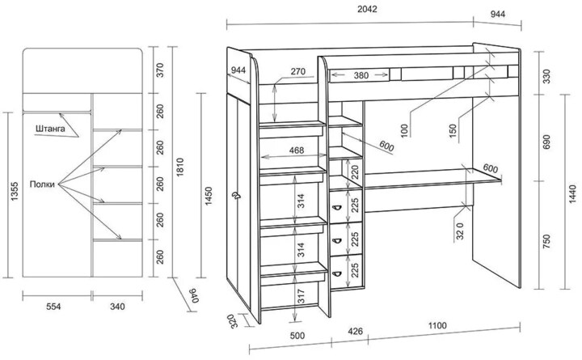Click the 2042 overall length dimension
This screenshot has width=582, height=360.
(367, 9)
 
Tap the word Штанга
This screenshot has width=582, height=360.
(50, 129)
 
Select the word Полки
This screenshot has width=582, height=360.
(42, 184)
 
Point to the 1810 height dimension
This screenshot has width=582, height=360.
(180, 167)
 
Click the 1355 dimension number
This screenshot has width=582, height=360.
(15, 192)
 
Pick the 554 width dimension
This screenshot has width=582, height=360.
(53, 307)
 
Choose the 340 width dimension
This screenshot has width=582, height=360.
(118, 307)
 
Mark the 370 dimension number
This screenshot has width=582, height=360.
(160, 70)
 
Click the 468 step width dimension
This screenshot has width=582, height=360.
(297, 150)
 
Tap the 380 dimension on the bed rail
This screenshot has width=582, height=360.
(361, 76)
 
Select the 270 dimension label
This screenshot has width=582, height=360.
(297, 71)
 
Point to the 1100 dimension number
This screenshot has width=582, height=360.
(437, 326)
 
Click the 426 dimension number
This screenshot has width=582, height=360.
(355, 331)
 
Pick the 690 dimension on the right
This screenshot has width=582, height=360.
(546, 142)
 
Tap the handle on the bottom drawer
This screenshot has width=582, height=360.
(337, 274)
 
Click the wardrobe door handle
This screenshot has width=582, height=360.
(235, 196)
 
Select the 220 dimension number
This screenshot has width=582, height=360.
(356, 172)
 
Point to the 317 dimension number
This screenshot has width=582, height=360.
(301, 296)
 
